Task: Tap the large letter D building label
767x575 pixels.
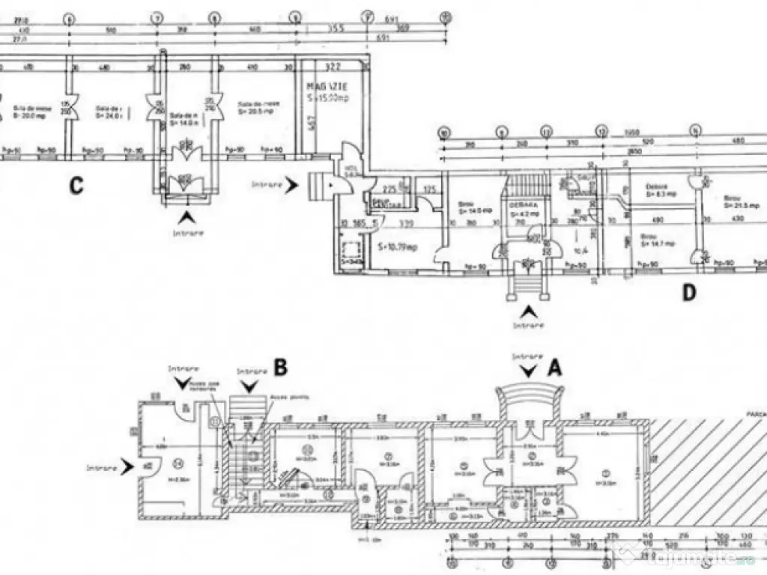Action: (689, 293)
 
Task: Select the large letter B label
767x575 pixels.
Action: (280, 367)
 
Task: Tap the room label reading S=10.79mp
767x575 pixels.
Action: (397, 246)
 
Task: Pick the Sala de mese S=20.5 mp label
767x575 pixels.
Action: (255, 107)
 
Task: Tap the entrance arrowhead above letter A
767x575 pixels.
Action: (529, 369)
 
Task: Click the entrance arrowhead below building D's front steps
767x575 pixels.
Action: (529, 311)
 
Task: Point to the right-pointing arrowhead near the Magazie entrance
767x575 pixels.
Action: (294, 182)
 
